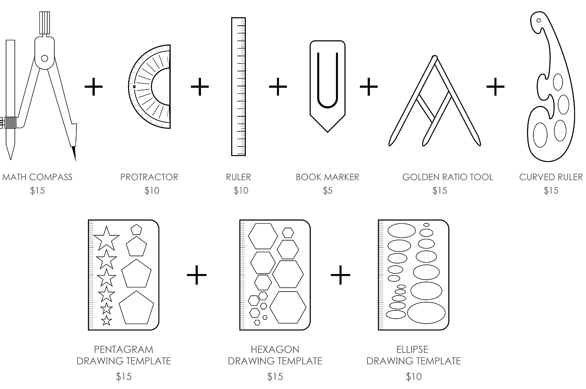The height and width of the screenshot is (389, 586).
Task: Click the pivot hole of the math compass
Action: coord(44,59)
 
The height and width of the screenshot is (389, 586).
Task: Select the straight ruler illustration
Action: coord(239,87)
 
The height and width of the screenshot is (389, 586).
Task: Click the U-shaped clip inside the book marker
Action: coord(327,80)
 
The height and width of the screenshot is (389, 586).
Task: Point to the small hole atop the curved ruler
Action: coord(539,20)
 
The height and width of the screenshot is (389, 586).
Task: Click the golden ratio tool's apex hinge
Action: coord(434,58)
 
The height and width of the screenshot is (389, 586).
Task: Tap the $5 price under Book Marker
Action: coord(327,191)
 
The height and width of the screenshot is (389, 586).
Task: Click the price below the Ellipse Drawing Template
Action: coord(413,377)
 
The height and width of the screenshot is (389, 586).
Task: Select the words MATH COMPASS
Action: coord(38,177)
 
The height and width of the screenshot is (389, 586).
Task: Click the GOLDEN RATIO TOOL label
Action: coord(447,177)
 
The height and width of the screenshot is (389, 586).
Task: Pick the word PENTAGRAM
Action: coord(124,350)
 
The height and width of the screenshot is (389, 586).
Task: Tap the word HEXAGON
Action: coord(275,350)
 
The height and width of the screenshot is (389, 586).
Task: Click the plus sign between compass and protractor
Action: coord(93,86)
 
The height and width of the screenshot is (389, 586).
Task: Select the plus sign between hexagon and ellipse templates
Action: coord(340,275)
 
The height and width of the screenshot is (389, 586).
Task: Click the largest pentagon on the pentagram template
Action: coord(136,307)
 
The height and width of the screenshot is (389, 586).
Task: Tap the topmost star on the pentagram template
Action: coord(106,238)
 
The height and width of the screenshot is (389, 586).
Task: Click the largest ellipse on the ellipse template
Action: coord(426,313)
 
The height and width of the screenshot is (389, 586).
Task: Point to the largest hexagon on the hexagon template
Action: coord(288,307)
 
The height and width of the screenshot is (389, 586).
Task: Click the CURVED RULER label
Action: coord(551,177)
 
